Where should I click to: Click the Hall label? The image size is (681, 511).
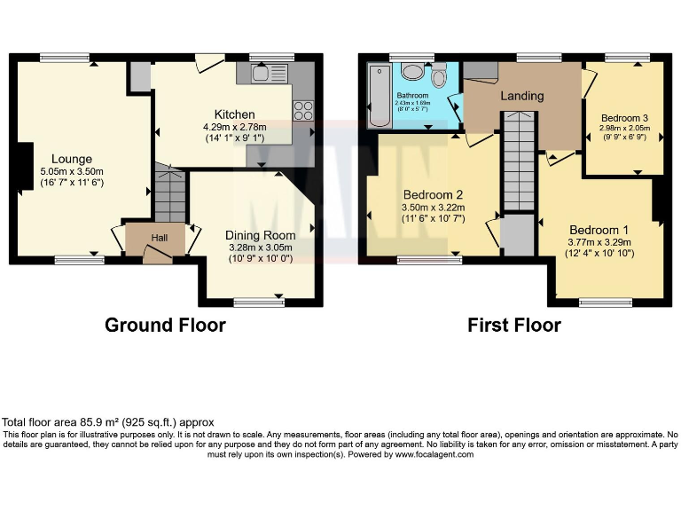pos(159,238)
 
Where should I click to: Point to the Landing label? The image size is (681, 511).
pos(521,96)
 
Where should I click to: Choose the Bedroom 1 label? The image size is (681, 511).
pos(600,226)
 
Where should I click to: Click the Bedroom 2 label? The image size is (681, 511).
pos(434,195)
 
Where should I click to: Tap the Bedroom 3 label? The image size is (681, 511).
pos(624,118)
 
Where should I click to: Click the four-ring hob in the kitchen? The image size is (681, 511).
pos(303,111)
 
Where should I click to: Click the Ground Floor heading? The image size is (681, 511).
pos(165,325)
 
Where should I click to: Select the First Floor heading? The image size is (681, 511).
pos(514,325)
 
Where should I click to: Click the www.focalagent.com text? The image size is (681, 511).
pos(434,454)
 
